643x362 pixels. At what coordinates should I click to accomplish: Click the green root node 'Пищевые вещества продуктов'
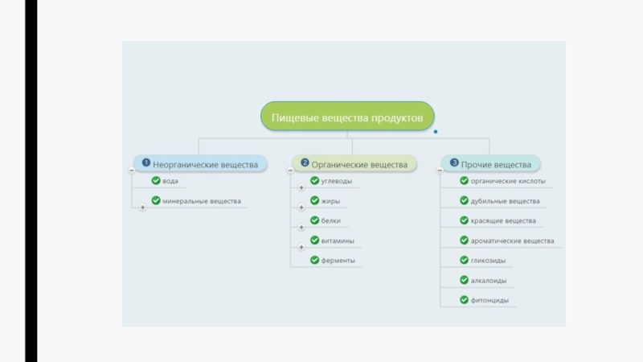coord(347,117)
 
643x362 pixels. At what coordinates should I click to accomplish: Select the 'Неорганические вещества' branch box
coord(200,164)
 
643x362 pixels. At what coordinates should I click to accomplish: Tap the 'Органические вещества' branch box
coord(354,164)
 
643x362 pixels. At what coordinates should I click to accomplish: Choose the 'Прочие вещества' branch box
coord(490,164)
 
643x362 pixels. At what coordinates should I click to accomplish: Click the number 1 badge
coord(146,162)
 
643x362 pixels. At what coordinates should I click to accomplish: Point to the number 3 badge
coord(454,162)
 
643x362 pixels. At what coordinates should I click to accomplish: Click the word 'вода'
coord(170,181)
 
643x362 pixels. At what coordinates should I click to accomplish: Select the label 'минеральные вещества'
coord(202,201)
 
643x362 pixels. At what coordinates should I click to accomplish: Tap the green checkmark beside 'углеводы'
coord(314,180)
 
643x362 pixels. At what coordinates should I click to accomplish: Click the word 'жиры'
coord(330,201)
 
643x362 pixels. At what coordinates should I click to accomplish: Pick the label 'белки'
coord(331,220)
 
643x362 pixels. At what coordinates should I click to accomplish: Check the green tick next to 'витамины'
coord(314,240)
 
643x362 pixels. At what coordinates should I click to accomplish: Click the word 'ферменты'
coord(338,261)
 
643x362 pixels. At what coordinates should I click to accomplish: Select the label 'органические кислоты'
coord(508,181)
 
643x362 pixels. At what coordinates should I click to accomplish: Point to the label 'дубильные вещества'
coord(506,201)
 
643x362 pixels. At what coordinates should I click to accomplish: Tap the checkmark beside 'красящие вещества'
coord(465,220)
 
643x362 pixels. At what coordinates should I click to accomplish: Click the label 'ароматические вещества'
coord(512,241)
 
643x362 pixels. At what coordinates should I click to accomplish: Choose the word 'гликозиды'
coord(488,261)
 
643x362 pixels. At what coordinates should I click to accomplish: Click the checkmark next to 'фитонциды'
coord(465,299)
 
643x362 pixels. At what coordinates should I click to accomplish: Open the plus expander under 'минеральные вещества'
coord(143,208)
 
